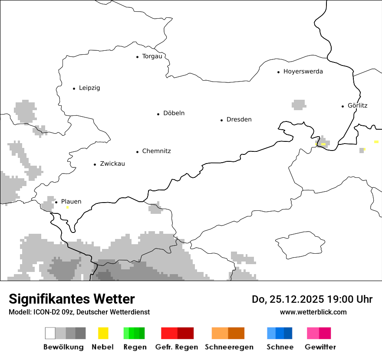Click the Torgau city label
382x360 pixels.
click(x=152, y=56)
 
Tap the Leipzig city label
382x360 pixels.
click(x=89, y=88)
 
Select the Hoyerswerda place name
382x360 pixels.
click(x=303, y=72)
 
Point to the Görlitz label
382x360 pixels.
click(x=357, y=105)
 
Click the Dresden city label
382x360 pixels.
click(x=239, y=120)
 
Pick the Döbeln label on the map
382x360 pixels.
click(x=174, y=113)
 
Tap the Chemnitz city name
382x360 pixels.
click(x=156, y=151)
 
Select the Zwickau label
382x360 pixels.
click(x=112, y=164)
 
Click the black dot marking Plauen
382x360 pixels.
click(x=56, y=202)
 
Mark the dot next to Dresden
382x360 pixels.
click(x=221, y=120)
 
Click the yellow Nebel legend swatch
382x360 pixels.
click(x=103, y=333)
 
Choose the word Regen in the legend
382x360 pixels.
click(x=135, y=347)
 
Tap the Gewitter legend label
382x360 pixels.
click(x=320, y=347)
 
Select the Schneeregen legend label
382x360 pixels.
click(x=229, y=347)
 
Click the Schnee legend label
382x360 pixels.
click(x=280, y=347)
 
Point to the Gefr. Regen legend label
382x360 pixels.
click(x=177, y=347)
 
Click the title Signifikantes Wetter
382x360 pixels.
click(x=72, y=299)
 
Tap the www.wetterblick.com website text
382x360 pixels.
click(x=313, y=312)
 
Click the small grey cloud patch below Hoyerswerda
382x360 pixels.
click(x=299, y=105)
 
